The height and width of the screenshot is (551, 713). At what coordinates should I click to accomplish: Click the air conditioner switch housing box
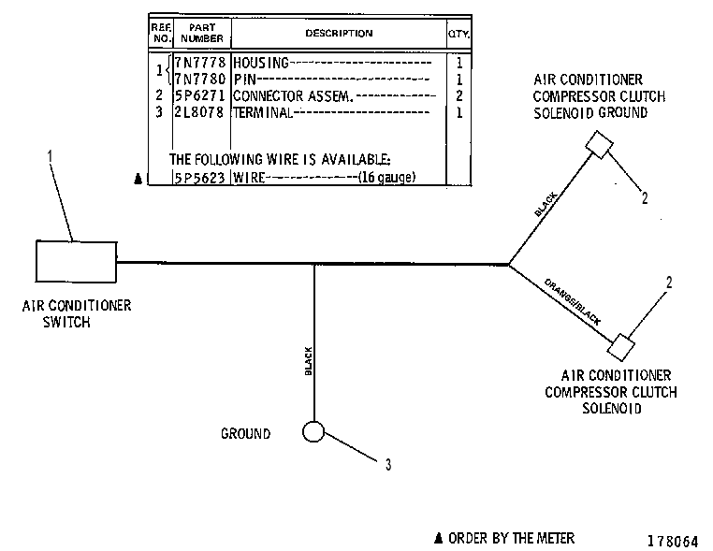click(76, 262)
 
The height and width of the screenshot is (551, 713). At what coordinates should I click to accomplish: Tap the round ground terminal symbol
click(313, 431)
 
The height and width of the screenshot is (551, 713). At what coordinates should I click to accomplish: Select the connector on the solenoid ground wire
click(600, 145)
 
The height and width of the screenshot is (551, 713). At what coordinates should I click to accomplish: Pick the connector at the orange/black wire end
click(620, 347)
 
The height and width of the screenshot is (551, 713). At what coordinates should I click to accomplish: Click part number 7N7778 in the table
click(200, 63)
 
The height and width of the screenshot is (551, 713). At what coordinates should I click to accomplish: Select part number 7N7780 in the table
click(200, 80)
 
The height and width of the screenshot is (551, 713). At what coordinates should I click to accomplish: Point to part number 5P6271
click(200, 96)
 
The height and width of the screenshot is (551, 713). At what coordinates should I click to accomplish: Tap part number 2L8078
click(200, 112)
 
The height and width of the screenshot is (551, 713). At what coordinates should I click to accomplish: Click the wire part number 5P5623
click(200, 178)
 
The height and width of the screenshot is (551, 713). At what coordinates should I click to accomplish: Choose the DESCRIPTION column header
click(339, 33)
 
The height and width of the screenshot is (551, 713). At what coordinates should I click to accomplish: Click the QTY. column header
click(458, 34)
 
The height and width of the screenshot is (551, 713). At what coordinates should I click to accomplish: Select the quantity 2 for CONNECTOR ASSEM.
click(459, 96)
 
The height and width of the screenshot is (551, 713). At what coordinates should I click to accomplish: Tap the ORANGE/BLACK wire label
click(573, 302)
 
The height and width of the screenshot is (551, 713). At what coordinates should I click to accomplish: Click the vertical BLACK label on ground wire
click(308, 361)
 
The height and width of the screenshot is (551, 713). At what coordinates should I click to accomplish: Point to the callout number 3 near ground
click(388, 465)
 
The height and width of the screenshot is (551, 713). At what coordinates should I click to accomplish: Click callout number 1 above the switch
click(50, 156)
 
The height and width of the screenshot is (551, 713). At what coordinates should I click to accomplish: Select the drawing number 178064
click(673, 541)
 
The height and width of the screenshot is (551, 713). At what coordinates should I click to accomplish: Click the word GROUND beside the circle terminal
click(245, 434)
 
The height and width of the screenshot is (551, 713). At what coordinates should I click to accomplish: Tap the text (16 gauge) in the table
click(387, 177)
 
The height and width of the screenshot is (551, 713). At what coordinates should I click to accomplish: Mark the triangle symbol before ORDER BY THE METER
click(438, 538)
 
